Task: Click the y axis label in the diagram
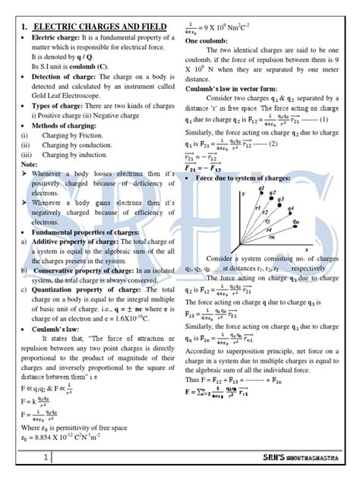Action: pyautogui.click(x=243, y=194)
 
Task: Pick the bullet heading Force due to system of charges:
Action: pyautogui.click(x=243, y=176)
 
